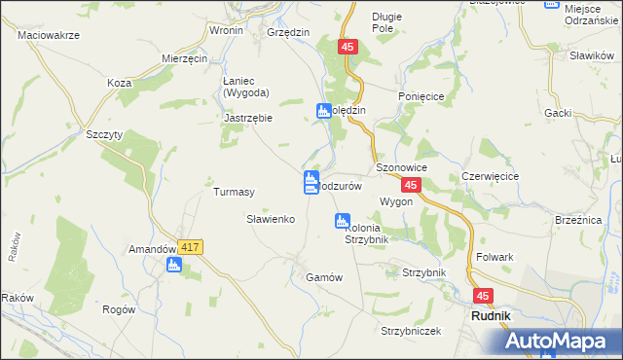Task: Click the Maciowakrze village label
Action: point(49,34)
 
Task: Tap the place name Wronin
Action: point(226,30)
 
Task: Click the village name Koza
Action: point(120,83)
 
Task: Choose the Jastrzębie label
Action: point(247,118)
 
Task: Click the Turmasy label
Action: point(234,192)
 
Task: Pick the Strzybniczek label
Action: point(411,331)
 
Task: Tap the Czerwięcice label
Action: point(490,176)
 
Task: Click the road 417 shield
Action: point(190,248)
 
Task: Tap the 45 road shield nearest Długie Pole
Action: point(349,46)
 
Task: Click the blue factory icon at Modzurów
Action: point(310,181)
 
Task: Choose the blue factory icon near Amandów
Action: point(174,264)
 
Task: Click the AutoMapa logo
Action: point(564,341)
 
